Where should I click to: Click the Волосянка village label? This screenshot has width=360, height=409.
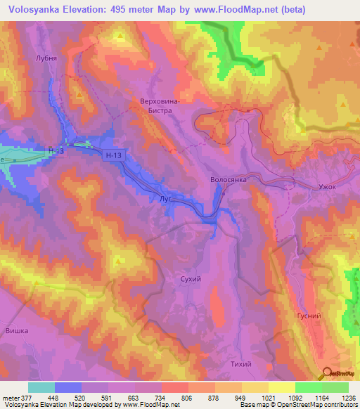tap(229, 180)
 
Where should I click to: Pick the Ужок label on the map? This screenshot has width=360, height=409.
tap(328, 188)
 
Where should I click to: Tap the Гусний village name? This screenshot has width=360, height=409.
tap(309, 316)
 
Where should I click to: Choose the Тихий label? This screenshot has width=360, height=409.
tap(240, 363)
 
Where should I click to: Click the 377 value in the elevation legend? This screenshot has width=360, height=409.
tap(26, 397)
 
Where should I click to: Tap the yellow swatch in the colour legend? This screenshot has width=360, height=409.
tap(281, 387)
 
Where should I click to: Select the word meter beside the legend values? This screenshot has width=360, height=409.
tap(9, 397)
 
